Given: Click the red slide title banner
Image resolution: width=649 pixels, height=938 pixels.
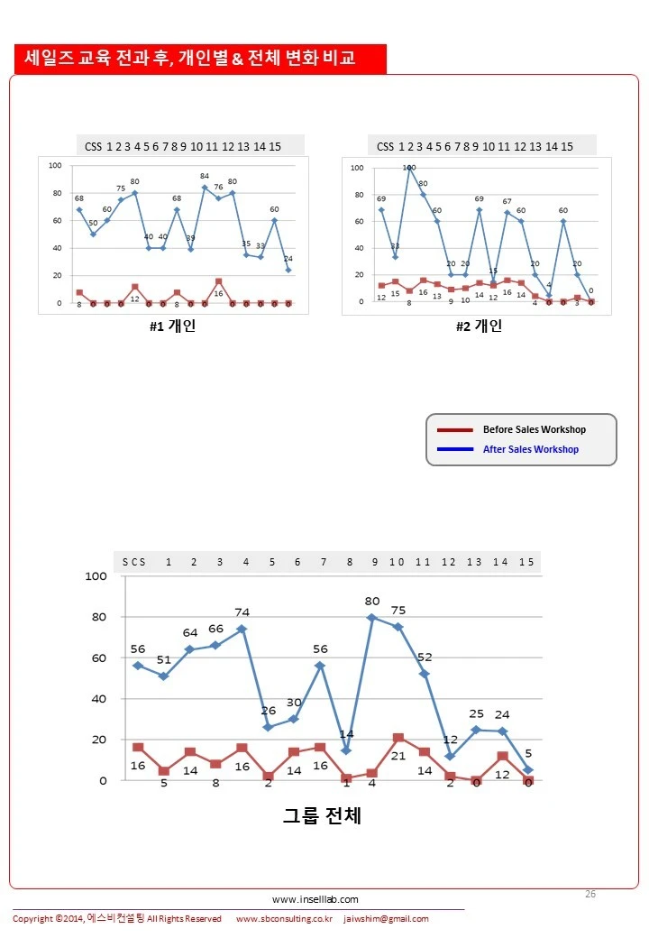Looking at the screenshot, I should tap(200, 59).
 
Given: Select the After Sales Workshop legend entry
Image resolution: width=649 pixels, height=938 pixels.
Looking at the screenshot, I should tap(530, 449).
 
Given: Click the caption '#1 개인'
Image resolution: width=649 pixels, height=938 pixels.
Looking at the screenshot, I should tap(172, 326).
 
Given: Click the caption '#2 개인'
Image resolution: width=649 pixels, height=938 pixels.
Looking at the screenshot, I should tap(479, 326).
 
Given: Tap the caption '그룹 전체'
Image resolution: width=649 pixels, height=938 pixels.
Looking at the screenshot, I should tap(322, 816).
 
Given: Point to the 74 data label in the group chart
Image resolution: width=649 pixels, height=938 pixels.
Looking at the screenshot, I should tap(242, 613).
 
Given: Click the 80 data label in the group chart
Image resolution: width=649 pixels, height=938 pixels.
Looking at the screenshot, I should tap(372, 601).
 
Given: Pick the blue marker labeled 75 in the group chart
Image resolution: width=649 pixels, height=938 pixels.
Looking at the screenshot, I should tap(398, 627).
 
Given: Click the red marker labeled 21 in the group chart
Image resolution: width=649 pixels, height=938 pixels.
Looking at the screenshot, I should tap(398, 739).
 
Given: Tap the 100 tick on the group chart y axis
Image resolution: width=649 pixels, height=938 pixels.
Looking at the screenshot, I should tap(96, 576).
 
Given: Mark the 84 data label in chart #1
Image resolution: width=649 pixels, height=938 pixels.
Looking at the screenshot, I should tap(205, 176).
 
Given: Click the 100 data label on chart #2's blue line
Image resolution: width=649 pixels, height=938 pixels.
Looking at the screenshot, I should tap(409, 167).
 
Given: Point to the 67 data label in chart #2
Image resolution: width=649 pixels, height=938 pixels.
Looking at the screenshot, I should tap(507, 201).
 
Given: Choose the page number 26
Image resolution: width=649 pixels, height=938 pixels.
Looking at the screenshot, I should tap(590, 894).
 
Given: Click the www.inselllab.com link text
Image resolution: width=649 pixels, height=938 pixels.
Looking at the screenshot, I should tap(315, 899).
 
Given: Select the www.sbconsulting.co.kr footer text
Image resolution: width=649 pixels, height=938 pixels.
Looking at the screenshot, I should tap(284, 919).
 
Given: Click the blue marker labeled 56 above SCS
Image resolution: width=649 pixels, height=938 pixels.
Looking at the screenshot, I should tap(138, 666).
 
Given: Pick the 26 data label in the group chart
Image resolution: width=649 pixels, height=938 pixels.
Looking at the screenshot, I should tap(269, 711).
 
